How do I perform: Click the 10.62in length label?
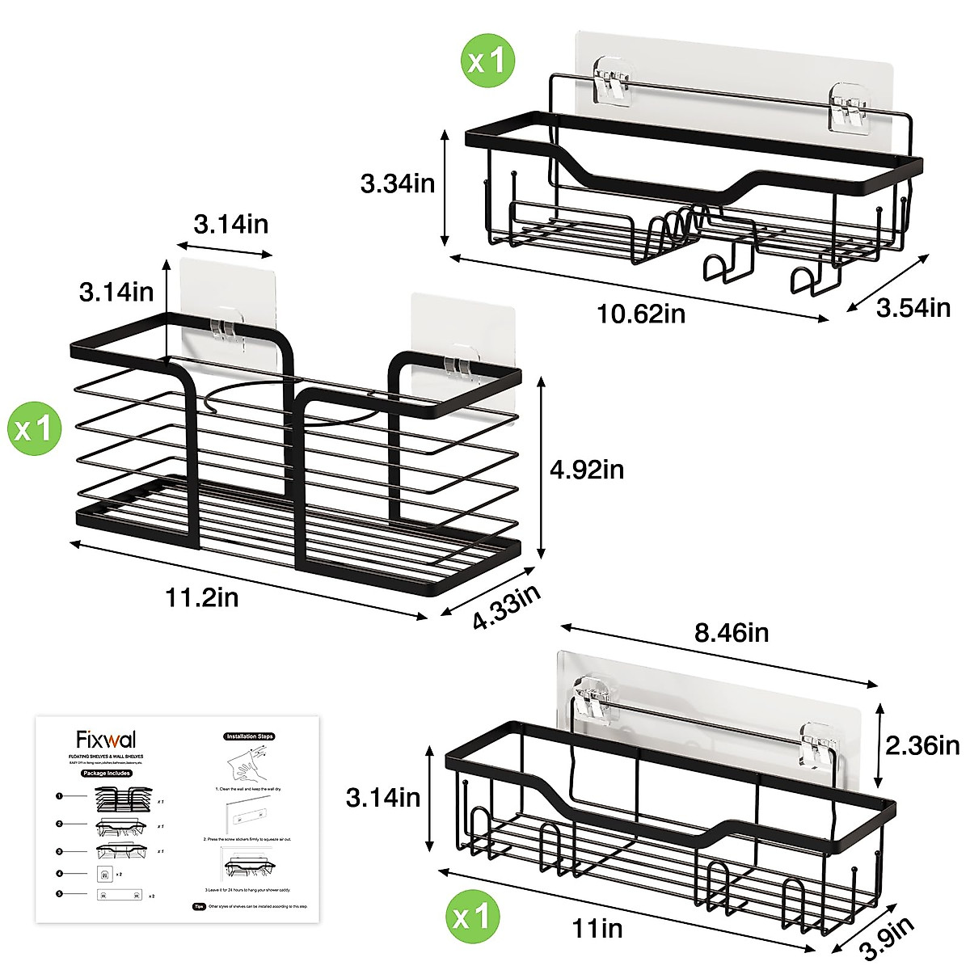click(x=641, y=313)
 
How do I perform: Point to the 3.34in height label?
click(x=398, y=184)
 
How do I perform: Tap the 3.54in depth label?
click(x=913, y=307)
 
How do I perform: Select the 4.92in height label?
click(x=587, y=470)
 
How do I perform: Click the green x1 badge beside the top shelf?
click(x=487, y=60)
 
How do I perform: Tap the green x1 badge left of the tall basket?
click(x=34, y=428)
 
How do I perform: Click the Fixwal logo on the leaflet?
click(x=106, y=740)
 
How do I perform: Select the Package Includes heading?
click(x=106, y=773)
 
